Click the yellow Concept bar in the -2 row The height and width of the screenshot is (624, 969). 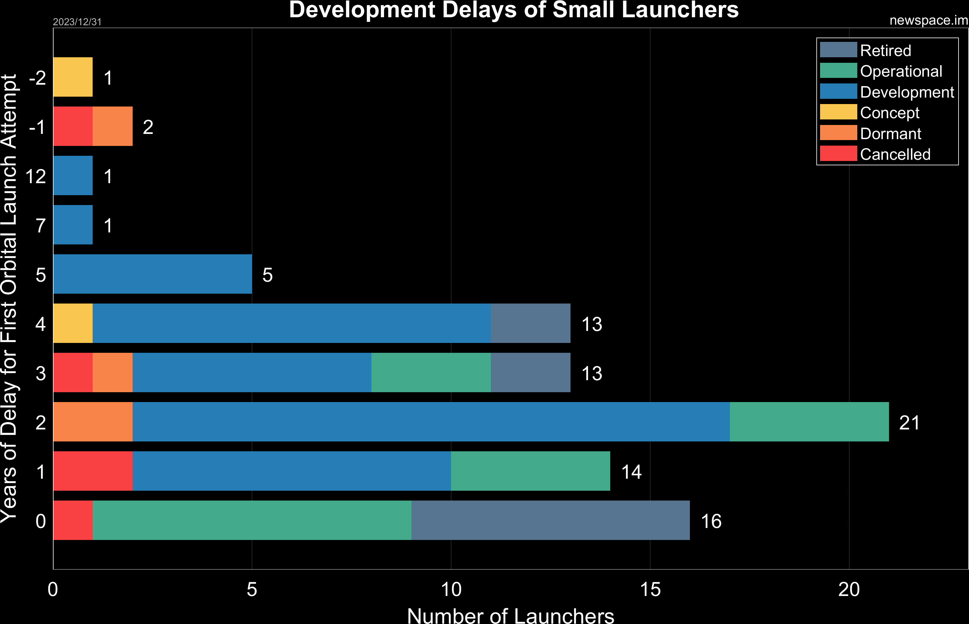(73, 77)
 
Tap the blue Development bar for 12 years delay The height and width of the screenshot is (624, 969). (73, 175)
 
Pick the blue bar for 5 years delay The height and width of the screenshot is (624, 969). (152, 274)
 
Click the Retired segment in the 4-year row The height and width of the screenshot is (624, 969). (531, 323)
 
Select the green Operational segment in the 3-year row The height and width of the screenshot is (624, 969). (431, 372)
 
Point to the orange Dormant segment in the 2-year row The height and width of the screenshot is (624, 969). (93, 422)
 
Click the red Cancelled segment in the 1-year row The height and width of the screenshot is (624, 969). (93, 471)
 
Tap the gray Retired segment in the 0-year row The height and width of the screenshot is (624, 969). (550, 520)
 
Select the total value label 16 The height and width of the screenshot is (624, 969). (711, 521)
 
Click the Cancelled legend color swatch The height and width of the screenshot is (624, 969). (838, 154)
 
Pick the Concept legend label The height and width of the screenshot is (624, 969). (890, 113)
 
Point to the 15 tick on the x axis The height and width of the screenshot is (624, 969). (650, 590)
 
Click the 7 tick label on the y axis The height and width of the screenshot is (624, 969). (41, 225)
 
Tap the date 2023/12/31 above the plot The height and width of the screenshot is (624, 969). (77, 22)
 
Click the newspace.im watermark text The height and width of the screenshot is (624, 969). (928, 20)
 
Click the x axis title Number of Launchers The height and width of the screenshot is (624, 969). (510, 615)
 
